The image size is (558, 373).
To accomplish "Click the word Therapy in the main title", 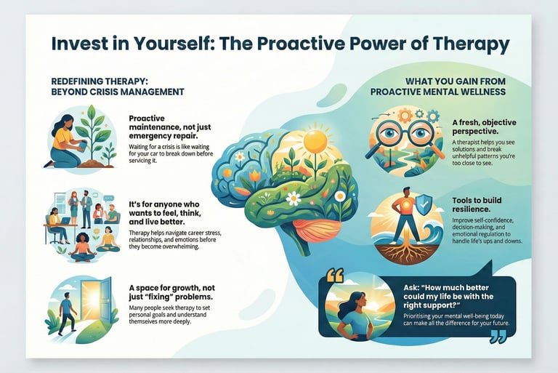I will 466,44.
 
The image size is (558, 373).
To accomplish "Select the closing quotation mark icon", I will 498,335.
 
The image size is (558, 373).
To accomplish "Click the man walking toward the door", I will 66,311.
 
